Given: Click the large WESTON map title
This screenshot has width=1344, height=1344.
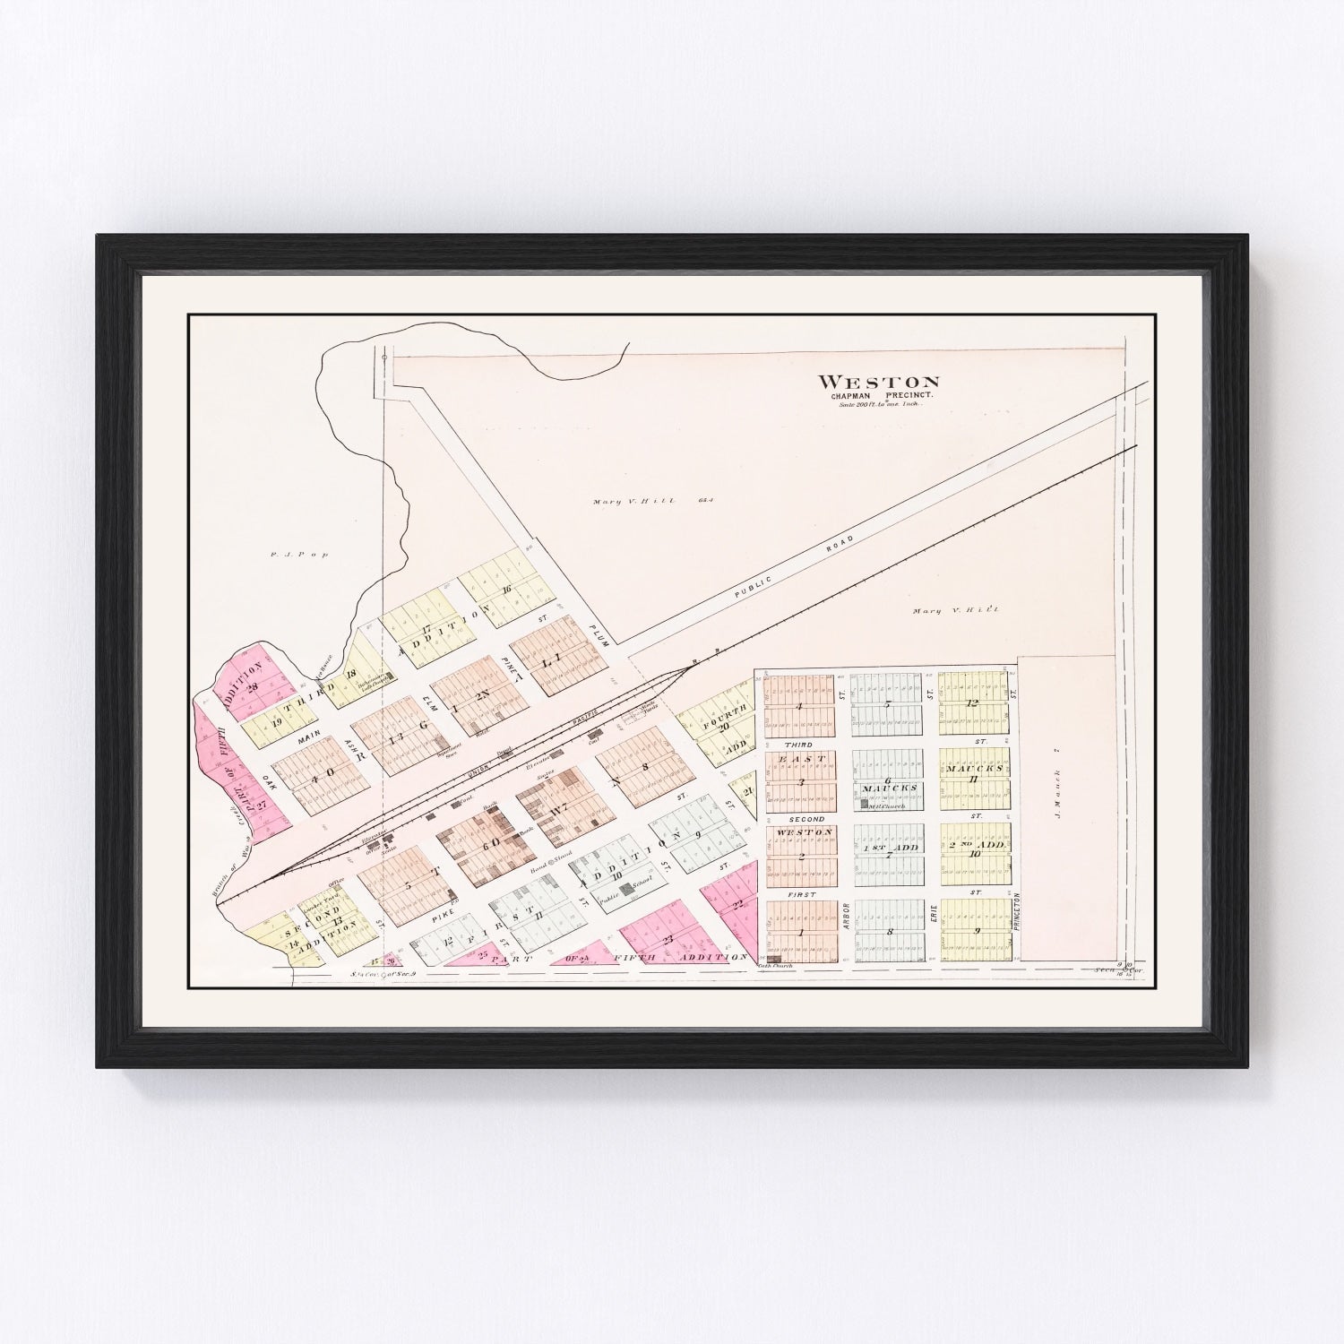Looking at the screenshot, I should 879,383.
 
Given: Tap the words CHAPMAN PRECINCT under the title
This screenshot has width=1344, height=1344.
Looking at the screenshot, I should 878,397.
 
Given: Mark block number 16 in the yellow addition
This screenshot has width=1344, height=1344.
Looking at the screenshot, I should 507,589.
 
